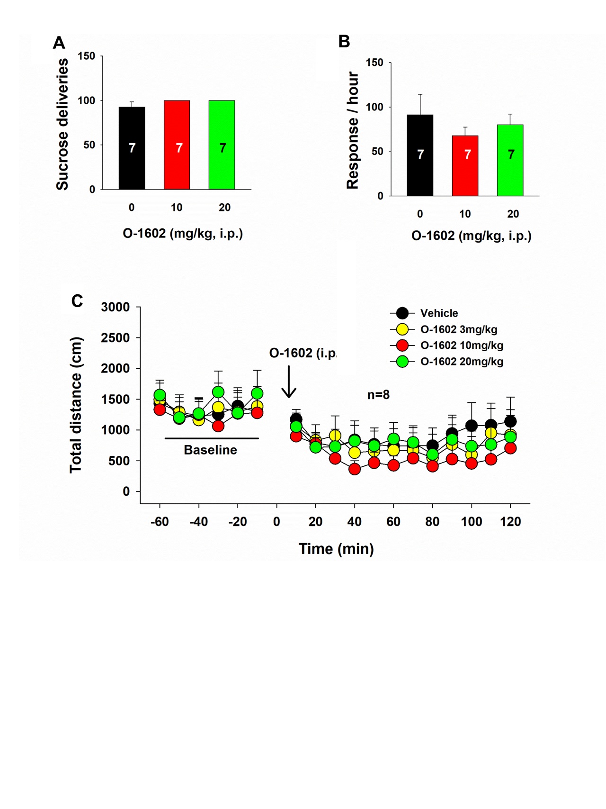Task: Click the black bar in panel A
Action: click(132, 148)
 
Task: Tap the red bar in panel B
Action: click(465, 165)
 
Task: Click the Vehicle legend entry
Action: click(438, 313)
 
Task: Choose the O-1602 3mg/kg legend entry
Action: click(458, 329)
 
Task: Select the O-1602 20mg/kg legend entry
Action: click(461, 362)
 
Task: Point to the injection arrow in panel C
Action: click(289, 382)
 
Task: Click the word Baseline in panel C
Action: click(210, 450)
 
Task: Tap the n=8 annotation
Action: click(378, 395)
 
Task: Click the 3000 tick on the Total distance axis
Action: click(115, 307)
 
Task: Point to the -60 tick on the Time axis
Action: click(160, 522)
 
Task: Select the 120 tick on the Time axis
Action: click(510, 522)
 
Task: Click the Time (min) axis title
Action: click(336, 549)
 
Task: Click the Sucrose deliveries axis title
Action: click(62, 124)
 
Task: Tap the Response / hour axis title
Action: click(353, 130)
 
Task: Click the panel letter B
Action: click(344, 42)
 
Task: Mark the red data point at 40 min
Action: click(355, 469)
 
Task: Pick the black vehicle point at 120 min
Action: click(510, 421)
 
